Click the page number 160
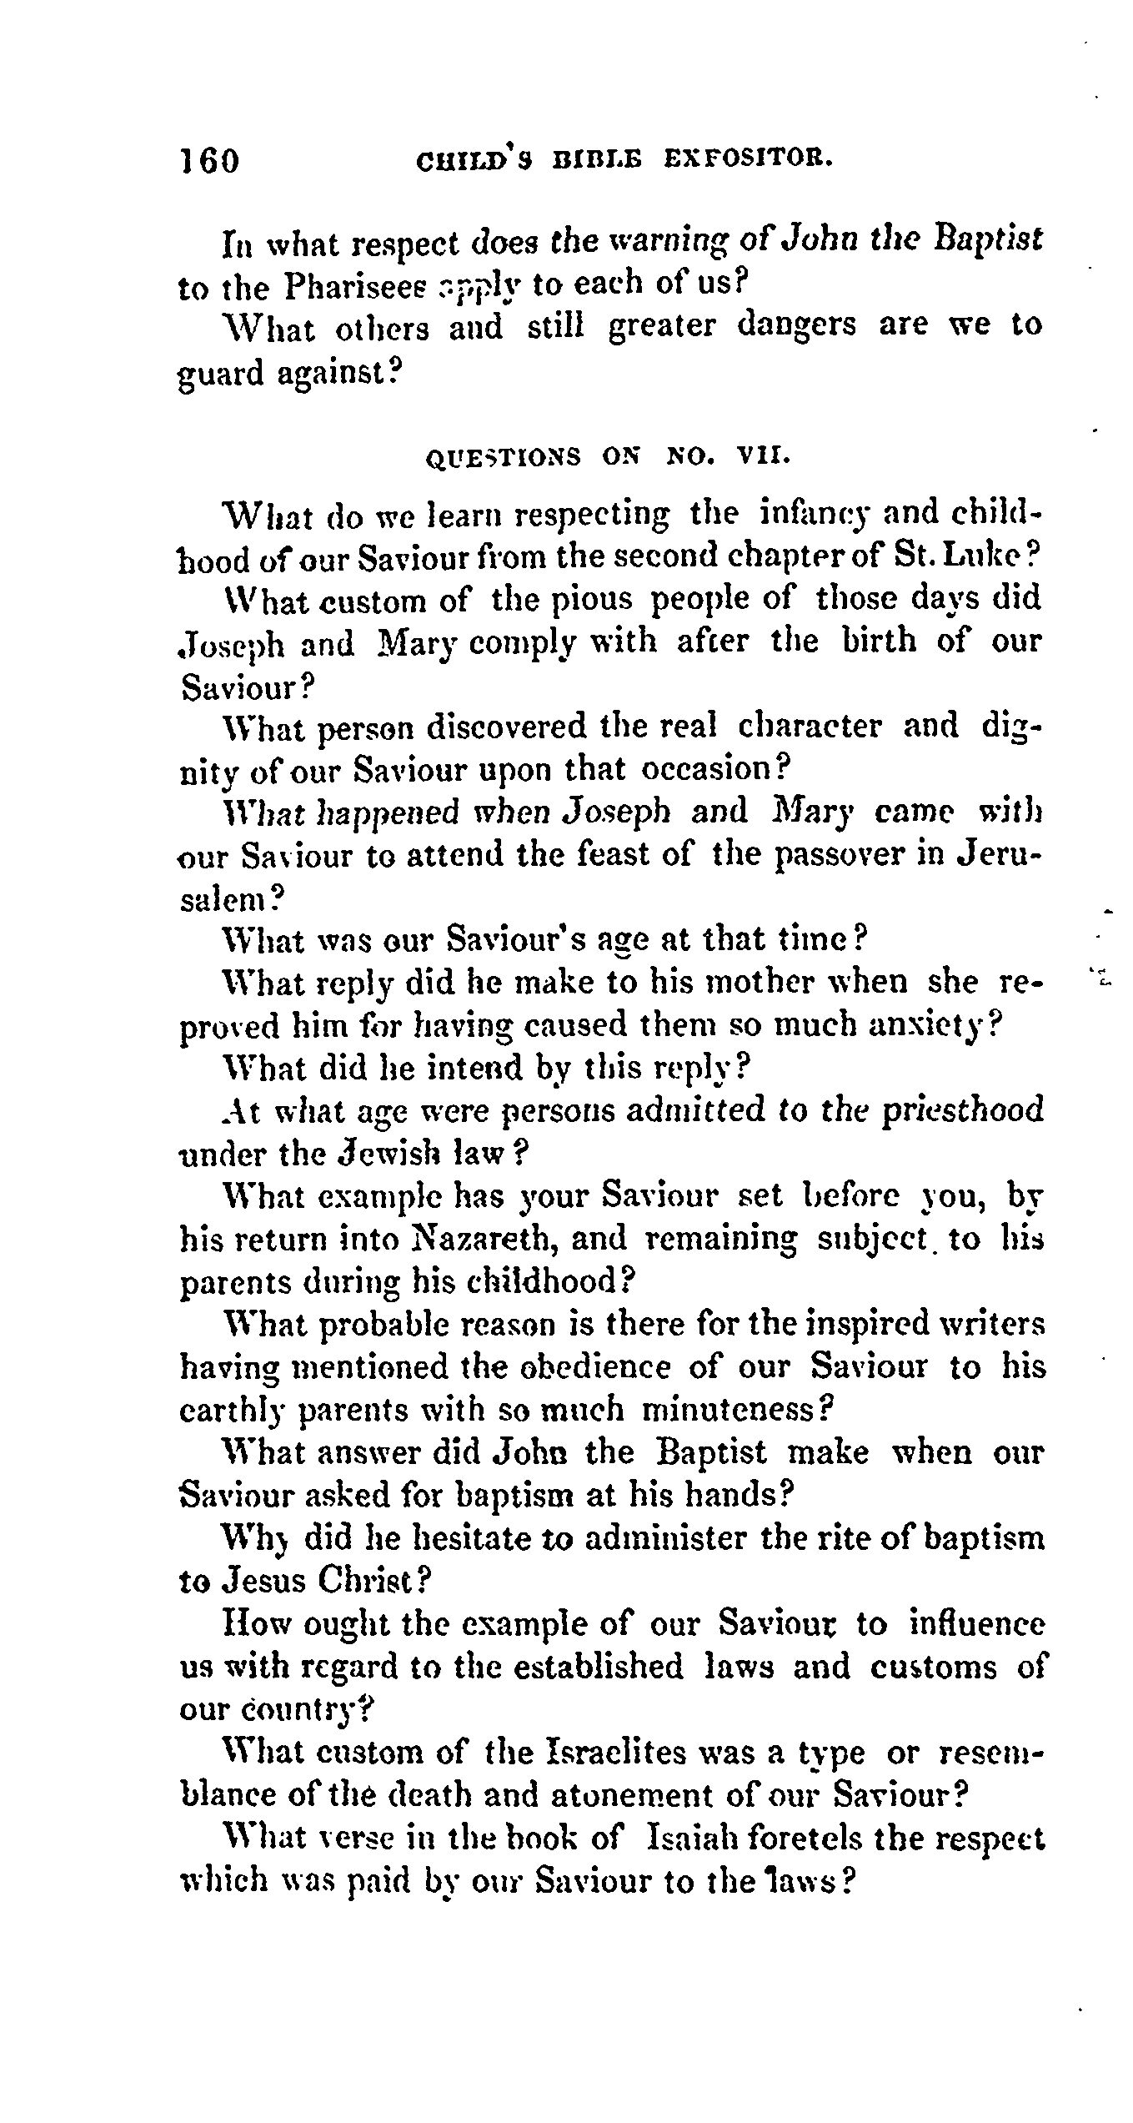[x=209, y=160]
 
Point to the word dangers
[x=796, y=324]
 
